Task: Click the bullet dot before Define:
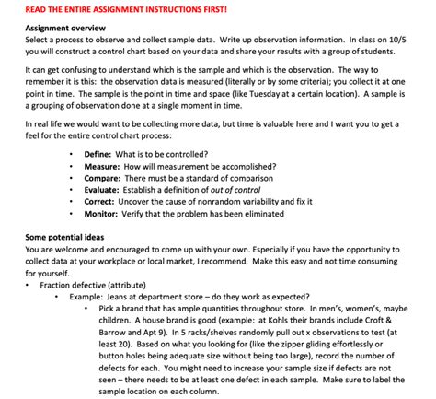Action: (72, 154)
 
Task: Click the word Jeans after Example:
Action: (128, 298)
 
